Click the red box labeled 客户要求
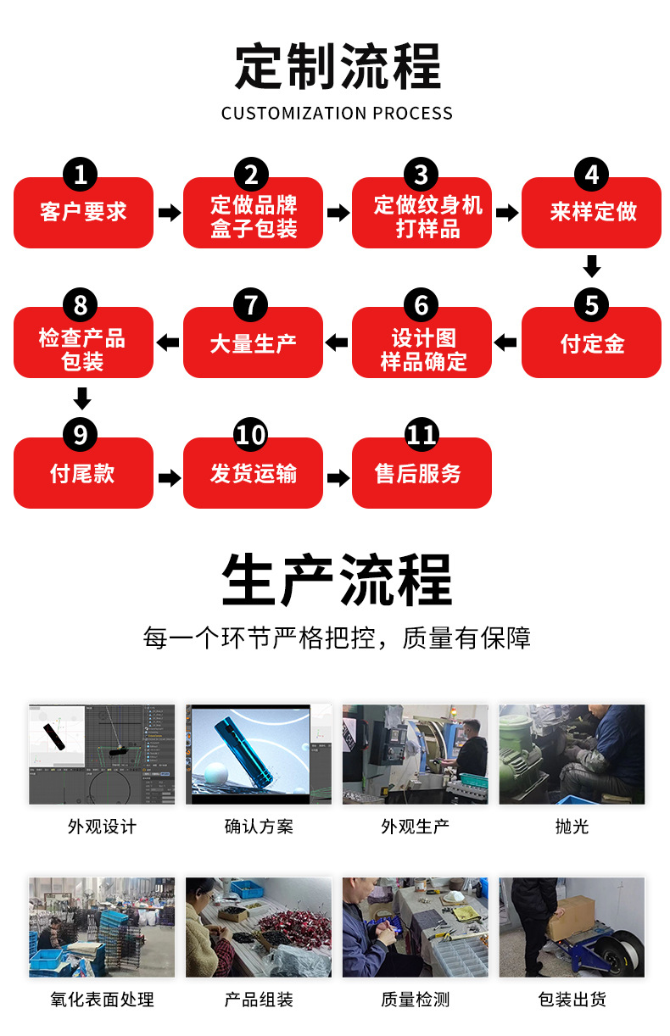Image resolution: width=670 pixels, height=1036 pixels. [83, 213]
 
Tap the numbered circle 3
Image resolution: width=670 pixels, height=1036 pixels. [422, 175]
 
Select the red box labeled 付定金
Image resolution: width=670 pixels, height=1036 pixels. [591, 343]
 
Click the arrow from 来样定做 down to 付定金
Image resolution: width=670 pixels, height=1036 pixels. [592, 266]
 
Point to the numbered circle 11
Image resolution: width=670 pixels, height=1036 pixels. [422, 435]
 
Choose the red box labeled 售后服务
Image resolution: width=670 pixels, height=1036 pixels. [422, 474]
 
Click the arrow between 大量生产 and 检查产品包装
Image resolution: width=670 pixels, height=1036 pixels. [168, 343]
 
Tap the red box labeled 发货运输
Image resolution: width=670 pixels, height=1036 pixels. [253, 474]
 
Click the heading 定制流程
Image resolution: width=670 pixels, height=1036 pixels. [337, 67]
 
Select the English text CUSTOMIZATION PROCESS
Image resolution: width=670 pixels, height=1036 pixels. [337, 114]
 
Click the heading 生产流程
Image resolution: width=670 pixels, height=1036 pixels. [337, 581]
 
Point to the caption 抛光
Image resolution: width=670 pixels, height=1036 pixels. [572, 827]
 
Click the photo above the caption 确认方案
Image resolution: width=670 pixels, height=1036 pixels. [259, 754]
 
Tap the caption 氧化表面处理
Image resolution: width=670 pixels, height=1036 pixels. [102, 1000]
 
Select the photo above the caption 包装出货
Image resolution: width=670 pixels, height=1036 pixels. [572, 927]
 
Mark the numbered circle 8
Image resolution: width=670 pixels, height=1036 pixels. [81, 305]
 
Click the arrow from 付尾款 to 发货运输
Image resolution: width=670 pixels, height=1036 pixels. [169, 478]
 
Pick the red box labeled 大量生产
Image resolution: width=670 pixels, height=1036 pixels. [253, 343]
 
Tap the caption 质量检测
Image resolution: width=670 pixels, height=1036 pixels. [415, 1000]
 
